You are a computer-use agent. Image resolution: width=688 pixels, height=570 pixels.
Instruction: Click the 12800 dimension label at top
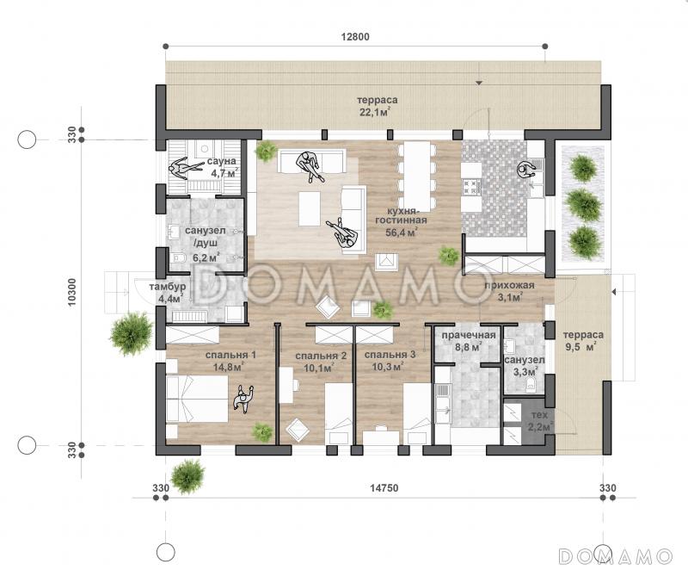355,36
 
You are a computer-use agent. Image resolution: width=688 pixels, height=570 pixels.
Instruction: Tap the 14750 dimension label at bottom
384,488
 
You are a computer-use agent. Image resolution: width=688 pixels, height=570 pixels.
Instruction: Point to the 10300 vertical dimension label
72,292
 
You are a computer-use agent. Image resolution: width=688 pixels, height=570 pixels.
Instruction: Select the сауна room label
222,161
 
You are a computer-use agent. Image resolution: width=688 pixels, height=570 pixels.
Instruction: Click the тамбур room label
167,287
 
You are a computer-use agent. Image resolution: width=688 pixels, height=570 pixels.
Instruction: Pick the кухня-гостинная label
401,215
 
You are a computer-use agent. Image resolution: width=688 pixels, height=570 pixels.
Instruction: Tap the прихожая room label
509,286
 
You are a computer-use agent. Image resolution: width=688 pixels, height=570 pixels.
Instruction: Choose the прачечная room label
469,336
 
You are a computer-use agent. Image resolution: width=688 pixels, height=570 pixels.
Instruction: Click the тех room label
539,415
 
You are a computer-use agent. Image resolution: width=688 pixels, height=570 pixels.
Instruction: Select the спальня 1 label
230,355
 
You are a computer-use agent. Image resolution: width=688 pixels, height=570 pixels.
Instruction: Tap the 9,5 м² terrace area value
580,346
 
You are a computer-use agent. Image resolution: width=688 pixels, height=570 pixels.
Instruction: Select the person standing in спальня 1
243,399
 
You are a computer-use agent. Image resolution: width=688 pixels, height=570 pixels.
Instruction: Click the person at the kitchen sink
526,169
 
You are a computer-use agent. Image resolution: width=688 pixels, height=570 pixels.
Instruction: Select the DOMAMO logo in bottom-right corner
616,555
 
